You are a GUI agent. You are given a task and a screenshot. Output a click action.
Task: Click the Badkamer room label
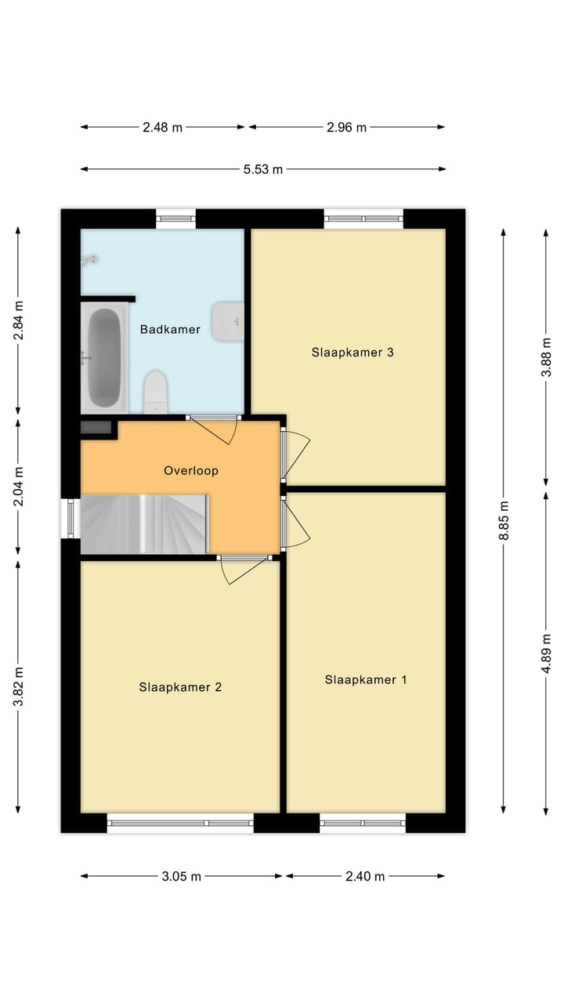(x=170, y=330)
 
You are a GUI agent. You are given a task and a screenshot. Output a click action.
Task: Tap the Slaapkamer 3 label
(x=352, y=353)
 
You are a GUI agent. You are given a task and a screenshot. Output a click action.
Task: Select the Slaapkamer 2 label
(x=180, y=687)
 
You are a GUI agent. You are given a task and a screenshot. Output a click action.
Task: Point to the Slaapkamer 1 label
(x=366, y=680)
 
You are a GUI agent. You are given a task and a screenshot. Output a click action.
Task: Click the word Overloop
(x=190, y=471)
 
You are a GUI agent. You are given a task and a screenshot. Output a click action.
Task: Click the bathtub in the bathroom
(x=103, y=358)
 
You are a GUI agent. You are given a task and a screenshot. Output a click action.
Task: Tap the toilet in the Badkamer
(x=156, y=391)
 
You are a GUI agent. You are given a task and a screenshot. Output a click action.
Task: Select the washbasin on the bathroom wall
(x=229, y=320)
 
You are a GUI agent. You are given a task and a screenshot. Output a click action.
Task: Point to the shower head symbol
(x=91, y=259)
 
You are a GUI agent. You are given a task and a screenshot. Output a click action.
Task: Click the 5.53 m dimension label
(x=263, y=169)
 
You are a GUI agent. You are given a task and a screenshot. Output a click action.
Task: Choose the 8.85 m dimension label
(x=504, y=520)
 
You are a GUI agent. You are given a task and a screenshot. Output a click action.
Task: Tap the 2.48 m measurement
(x=163, y=127)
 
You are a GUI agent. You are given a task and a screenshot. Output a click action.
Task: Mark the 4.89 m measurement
(x=547, y=652)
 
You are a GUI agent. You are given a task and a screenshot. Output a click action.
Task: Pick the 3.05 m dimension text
(x=182, y=877)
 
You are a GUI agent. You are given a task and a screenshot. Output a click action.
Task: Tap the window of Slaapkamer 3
(x=364, y=219)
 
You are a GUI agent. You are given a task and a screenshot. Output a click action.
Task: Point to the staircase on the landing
(x=145, y=523)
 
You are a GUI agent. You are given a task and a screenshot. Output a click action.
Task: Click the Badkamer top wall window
(x=175, y=219)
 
